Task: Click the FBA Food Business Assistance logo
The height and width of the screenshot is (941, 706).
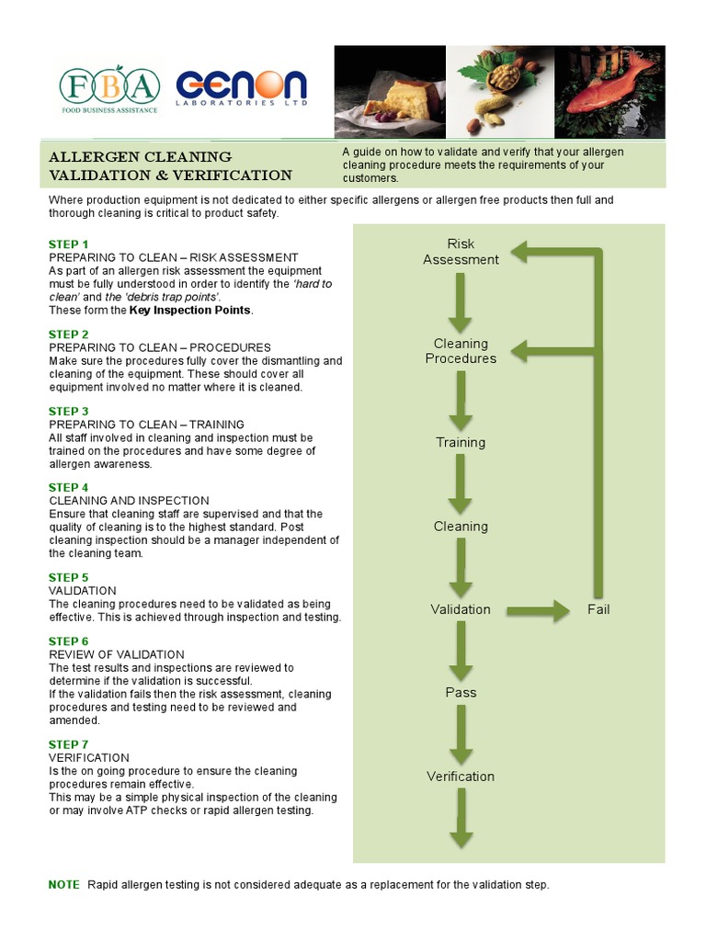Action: (109, 89)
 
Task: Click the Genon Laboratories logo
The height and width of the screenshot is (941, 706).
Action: (241, 89)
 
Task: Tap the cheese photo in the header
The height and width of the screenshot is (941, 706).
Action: (390, 91)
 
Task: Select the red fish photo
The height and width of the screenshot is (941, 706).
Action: (609, 91)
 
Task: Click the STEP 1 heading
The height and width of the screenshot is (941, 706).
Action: (69, 244)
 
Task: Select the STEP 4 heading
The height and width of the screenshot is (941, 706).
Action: (69, 488)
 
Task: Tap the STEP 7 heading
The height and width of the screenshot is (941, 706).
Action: (69, 744)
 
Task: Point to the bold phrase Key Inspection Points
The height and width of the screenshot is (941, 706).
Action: (189, 311)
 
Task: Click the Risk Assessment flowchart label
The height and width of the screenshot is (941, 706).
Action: (461, 252)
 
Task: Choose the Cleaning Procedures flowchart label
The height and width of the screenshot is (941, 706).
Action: (461, 351)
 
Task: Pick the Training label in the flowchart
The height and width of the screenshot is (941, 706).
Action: (461, 443)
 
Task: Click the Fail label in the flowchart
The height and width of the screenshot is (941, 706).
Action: (598, 609)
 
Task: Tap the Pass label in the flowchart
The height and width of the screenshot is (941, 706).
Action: (461, 692)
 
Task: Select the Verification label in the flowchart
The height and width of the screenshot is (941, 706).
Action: (461, 777)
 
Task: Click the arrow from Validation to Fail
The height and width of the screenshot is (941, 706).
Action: (539, 610)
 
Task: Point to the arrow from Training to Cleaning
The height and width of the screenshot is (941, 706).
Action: (461, 483)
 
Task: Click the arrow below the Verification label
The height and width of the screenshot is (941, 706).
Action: (461, 818)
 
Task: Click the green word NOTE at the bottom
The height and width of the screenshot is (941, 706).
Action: (63, 885)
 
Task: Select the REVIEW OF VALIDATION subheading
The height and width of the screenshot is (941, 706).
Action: (116, 654)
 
